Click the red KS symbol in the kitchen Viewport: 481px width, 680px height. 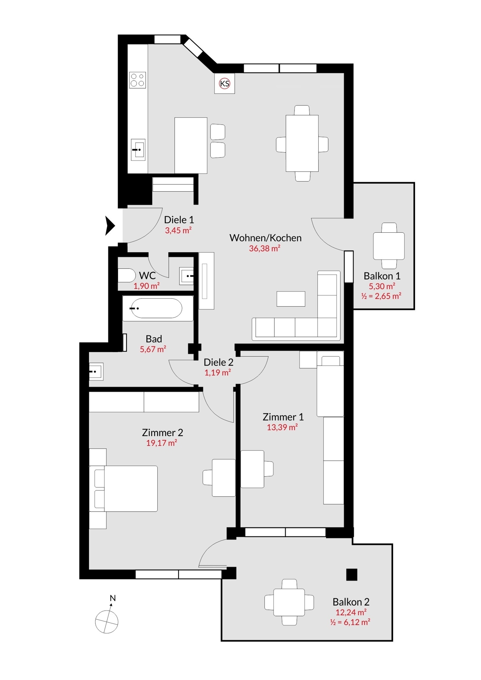click(225, 84)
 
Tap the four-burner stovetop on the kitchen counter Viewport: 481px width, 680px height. click(138, 80)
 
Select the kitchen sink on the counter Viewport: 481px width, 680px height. click(138, 150)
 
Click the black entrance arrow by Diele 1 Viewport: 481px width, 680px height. click(110, 225)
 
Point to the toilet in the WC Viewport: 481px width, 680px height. click(126, 275)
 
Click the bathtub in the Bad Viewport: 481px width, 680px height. click(156, 308)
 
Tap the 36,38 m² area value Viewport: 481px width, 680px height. click(264, 249)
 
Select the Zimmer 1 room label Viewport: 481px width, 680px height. click(283, 417)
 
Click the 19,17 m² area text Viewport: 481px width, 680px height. click(162, 443)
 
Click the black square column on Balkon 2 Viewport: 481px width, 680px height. click(351, 574)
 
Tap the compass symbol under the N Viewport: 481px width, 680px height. click(106, 622)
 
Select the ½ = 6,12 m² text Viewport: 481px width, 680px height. click(350, 622)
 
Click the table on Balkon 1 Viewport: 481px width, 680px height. click(388, 246)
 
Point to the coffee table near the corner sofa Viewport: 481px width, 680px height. click(291, 299)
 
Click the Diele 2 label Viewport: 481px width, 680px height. click(218, 362)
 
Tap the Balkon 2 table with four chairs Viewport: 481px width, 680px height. click(289, 602)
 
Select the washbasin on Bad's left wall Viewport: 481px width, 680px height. click(95, 372)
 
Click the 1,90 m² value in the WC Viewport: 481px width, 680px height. click(146, 286)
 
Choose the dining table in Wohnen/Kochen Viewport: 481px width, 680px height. click(302, 143)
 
